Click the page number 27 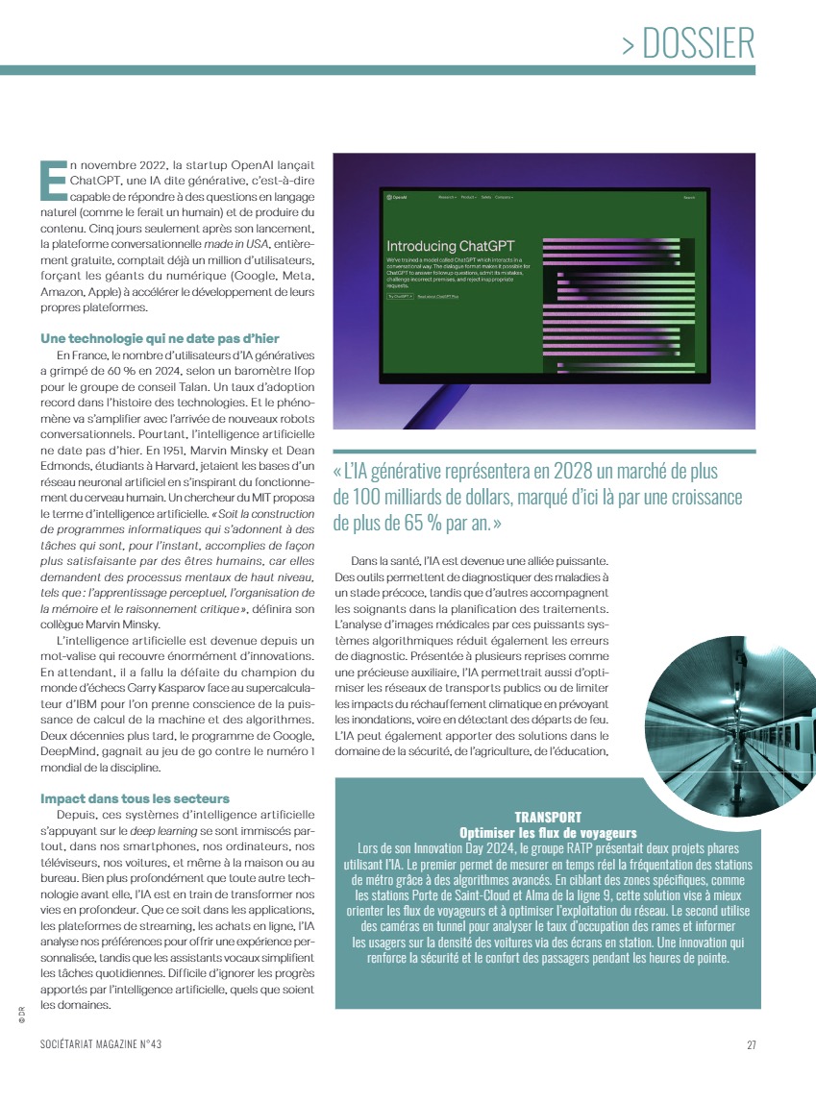tap(752, 1046)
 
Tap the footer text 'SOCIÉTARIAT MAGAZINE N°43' tap(108, 1046)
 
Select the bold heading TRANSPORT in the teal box tap(548, 817)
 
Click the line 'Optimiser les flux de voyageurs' tap(548, 832)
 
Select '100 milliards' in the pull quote tap(403, 498)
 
